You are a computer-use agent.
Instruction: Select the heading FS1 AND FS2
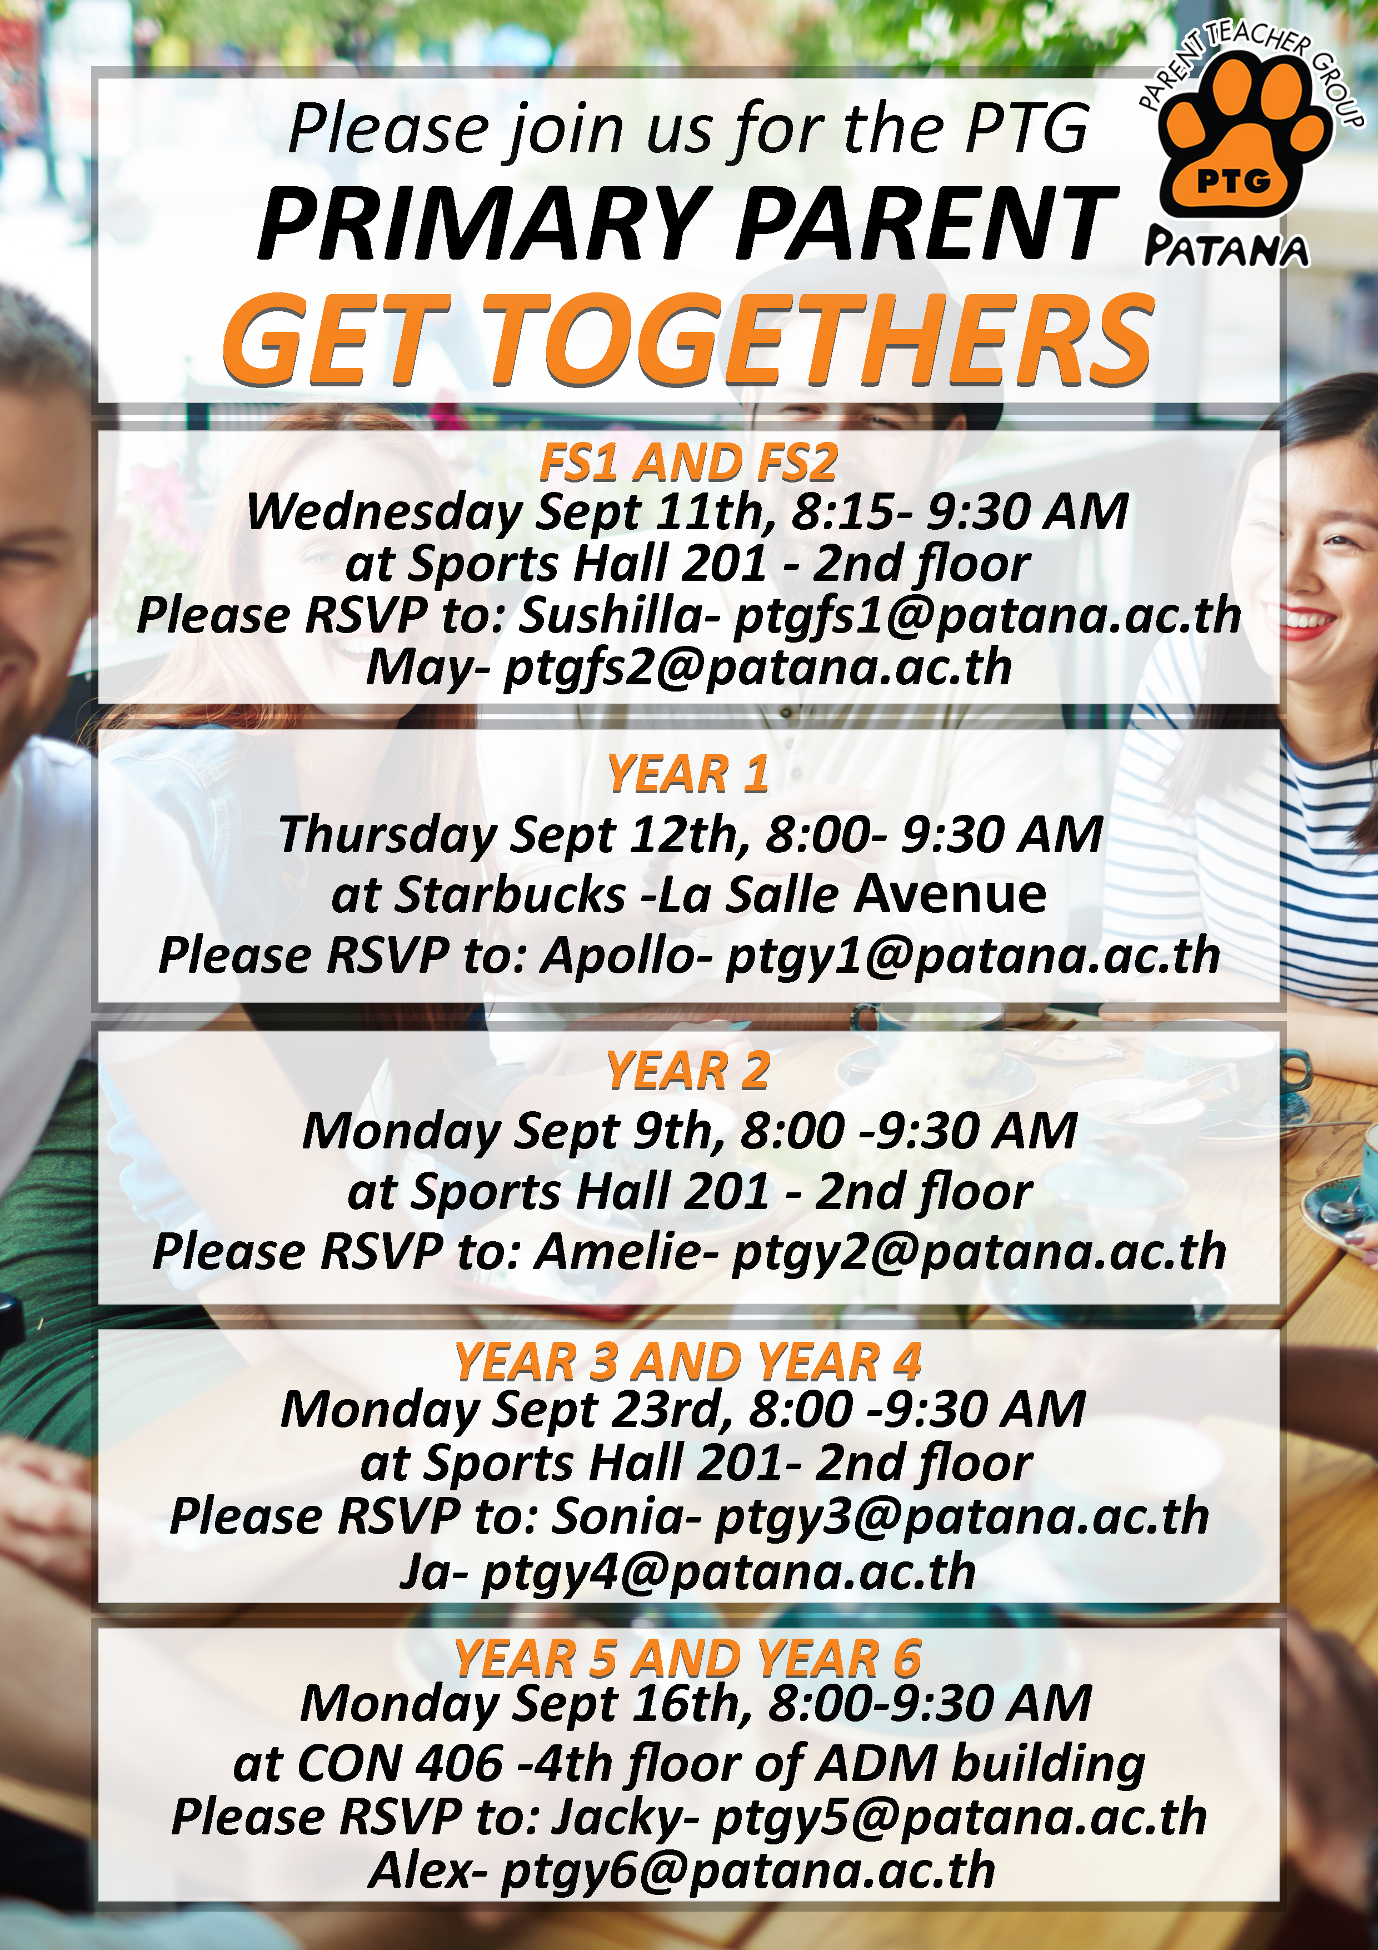click(x=688, y=464)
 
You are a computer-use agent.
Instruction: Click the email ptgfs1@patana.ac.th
click(x=987, y=616)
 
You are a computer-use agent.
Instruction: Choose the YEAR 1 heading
click(x=688, y=774)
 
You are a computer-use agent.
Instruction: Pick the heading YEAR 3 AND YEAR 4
click(x=688, y=1362)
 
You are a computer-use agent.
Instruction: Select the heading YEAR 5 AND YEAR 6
click(x=688, y=1658)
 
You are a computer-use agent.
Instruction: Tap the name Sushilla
click(x=620, y=616)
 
